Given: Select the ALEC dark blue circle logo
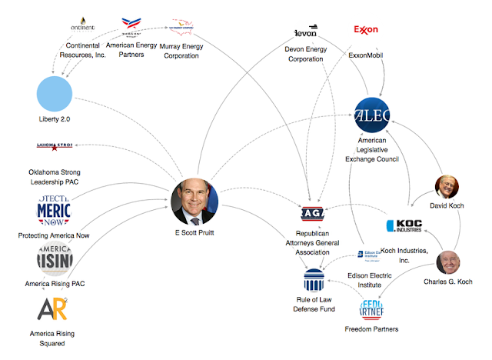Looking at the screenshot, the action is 373,115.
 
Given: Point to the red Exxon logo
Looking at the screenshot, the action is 366,30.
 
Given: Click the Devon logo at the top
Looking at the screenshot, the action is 306,32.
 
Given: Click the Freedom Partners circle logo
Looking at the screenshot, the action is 377,309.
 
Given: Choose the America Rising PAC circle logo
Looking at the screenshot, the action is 53,257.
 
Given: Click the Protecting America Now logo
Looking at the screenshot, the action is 53,209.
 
